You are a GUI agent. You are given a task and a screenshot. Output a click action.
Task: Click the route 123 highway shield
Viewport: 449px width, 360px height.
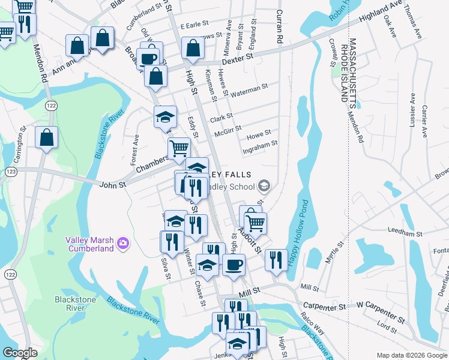(x=11, y=172)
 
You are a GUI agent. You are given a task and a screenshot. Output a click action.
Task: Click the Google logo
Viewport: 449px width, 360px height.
(x=20, y=352)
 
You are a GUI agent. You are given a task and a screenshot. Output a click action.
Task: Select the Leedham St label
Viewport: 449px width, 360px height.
(x=406, y=232)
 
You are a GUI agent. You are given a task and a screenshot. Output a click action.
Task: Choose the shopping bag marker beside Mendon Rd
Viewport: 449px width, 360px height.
(x=46, y=137)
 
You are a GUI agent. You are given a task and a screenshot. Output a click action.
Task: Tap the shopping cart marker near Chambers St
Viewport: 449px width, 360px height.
(x=179, y=148)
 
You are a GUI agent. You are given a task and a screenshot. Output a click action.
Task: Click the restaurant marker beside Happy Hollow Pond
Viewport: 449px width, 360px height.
(x=276, y=260)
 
